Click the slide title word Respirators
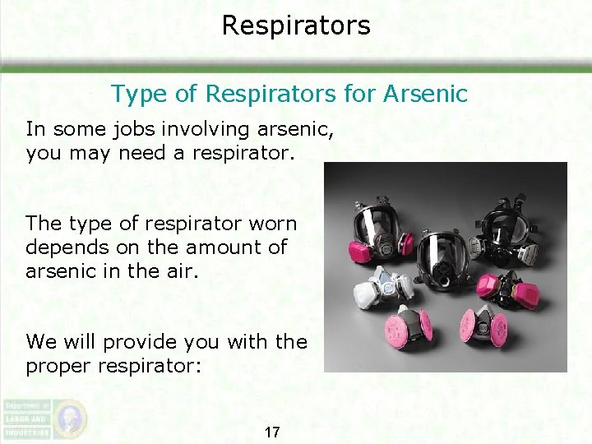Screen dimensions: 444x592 coord(296,25)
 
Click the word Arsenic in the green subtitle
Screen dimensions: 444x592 coord(424,94)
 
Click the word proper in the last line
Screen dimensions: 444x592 coord(65,365)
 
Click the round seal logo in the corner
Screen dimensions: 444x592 coord(71,417)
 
